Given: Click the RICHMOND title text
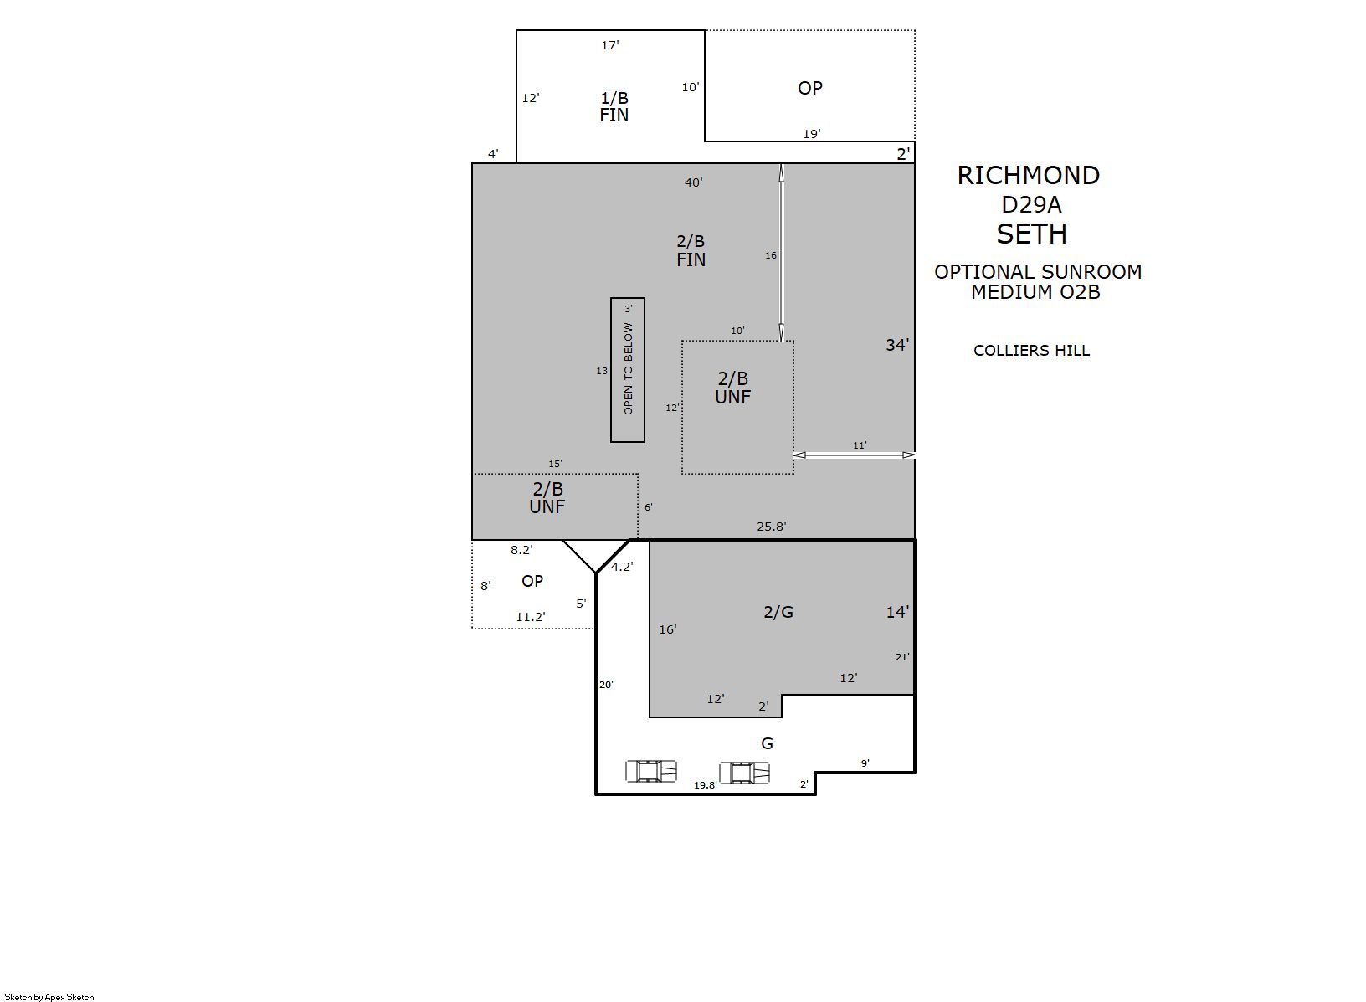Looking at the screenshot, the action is click(x=1028, y=176).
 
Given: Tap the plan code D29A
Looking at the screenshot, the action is click(x=1031, y=205).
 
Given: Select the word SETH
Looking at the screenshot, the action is click(x=1032, y=234).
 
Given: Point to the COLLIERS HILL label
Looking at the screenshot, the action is click(x=1031, y=351).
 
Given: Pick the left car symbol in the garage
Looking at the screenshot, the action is click(x=651, y=772).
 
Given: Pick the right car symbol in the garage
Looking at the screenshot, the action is click(x=744, y=773).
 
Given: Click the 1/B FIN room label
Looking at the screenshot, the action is click(x=614, y=106).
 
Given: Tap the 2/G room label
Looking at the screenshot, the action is click(x=778, y=612).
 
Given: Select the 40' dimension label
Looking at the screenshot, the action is click(x=693, y=182).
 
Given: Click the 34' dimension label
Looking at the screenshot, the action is click(x=897, y=345).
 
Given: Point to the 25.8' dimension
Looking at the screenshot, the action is click(x=772, y=527).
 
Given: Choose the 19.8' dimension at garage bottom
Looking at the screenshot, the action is click(x=705, y=785).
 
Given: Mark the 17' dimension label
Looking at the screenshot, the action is click(x=610, y=45).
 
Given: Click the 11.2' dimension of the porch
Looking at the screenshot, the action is click(x=531, y=617).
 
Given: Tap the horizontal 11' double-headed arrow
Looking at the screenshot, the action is click(x=855, y=455).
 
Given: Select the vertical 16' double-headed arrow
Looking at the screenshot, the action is click(x=782, y=252).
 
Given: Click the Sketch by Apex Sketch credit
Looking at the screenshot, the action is click(x=49, y=997).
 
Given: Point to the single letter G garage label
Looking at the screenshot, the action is click(x=768, y=743).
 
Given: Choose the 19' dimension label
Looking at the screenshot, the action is click(x=812, y=134).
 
